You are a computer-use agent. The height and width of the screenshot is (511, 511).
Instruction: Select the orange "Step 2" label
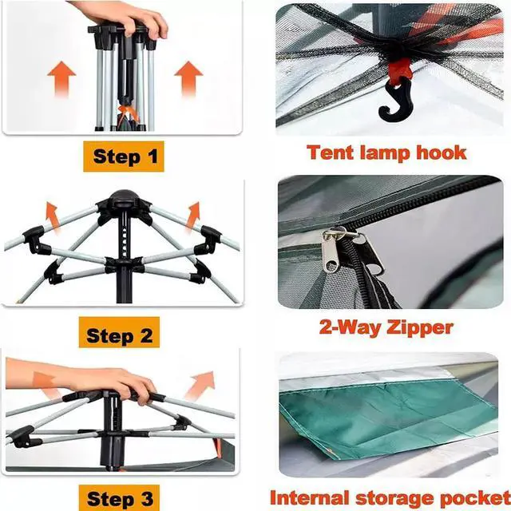click(119, 335)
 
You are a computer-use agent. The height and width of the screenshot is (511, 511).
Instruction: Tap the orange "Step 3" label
click(121, 498)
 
